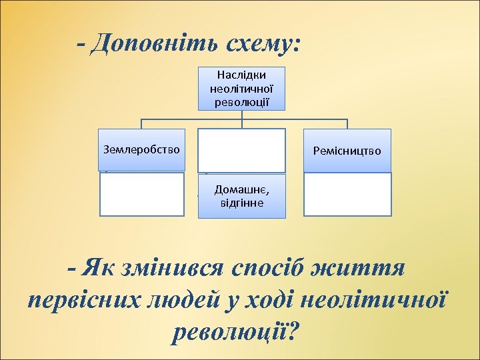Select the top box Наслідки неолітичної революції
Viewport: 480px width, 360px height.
tap(241, 88)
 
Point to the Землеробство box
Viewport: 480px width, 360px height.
tap(142, 149)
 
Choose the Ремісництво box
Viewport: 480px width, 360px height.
tap(347, 151)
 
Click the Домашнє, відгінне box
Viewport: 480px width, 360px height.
tap(241, 196)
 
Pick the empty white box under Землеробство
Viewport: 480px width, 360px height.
tap(142, 194)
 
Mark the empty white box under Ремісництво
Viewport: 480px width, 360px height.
tap(347, 194)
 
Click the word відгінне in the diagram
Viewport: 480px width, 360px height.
tap(241, 203)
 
